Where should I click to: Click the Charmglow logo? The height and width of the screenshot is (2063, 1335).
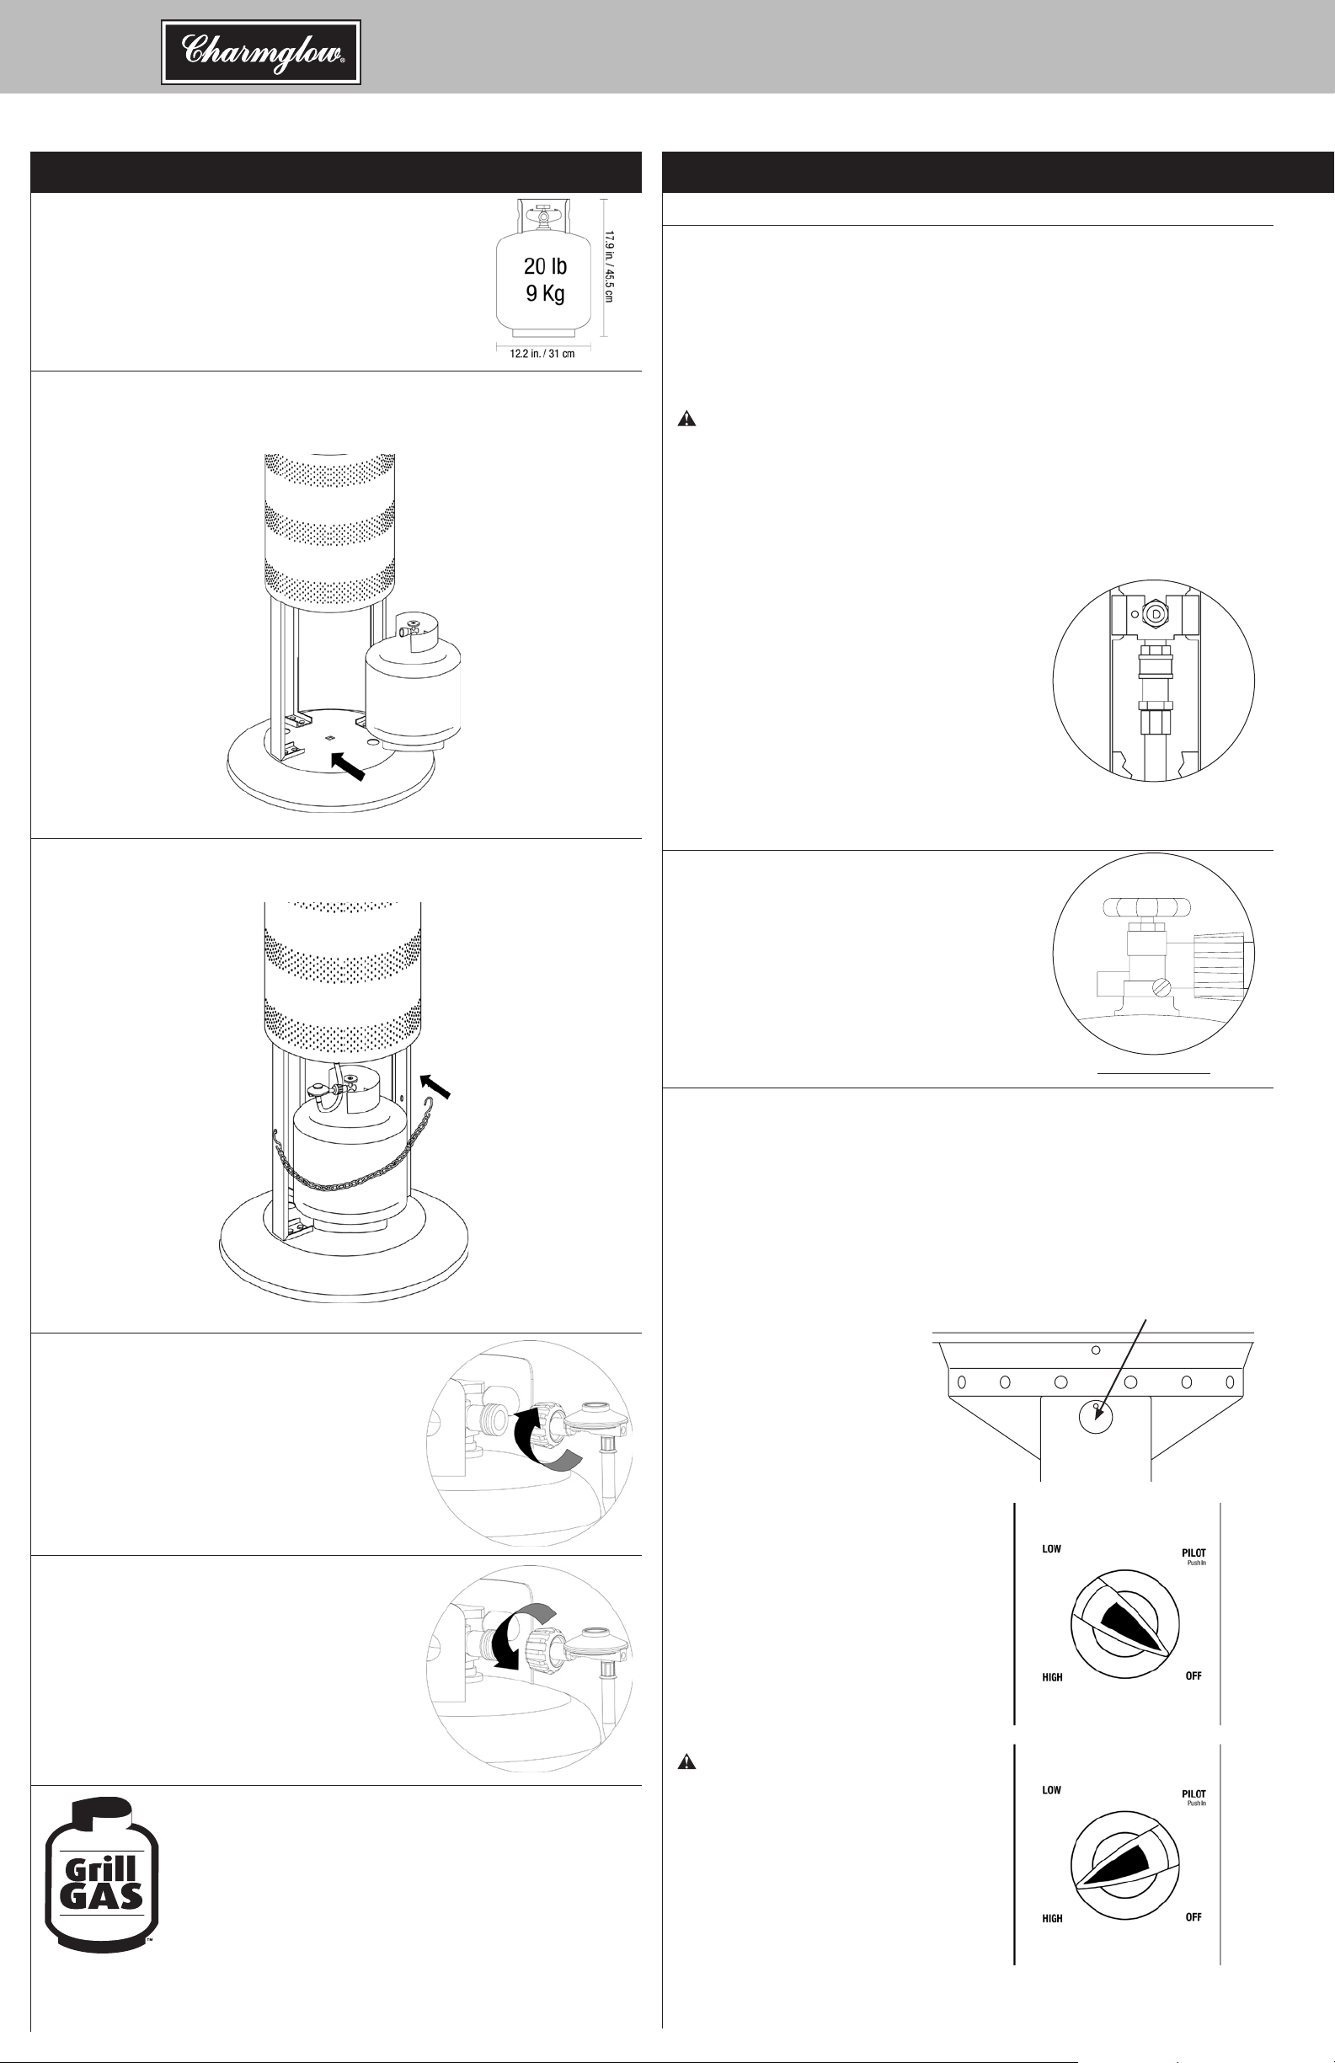tap(261, 53)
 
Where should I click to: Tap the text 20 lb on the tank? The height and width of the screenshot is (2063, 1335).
tap(545, 266)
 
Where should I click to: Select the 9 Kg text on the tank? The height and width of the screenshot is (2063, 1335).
tap(545, 293)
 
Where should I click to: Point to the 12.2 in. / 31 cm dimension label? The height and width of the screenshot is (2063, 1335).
tap(542, 354)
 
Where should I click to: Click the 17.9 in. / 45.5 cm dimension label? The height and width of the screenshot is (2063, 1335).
tap(609, 267)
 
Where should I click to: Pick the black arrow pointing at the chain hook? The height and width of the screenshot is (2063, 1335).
tap(436, 1087)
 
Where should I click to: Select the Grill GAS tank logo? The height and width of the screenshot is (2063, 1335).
tap(100, 1873)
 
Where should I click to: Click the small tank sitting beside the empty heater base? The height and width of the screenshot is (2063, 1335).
tap(413, 680)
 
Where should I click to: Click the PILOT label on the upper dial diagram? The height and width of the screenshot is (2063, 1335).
tap(1193, 1553)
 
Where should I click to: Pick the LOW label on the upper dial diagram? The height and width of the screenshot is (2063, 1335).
tap(1051, 1549)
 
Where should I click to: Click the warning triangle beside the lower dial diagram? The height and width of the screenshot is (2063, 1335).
tap(686, 1761)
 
